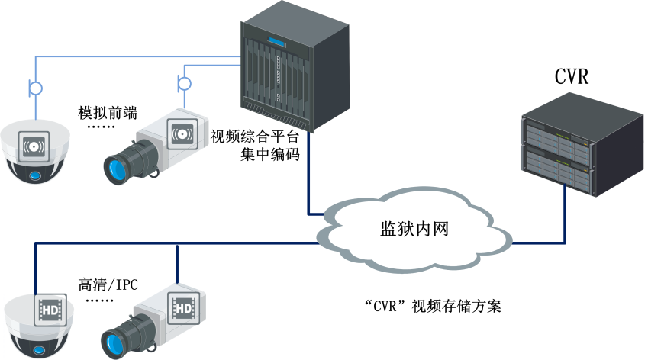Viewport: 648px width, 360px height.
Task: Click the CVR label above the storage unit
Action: click(572, 78)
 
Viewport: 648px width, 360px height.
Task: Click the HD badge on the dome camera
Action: click(50, 310)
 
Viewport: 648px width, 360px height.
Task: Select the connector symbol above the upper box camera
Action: click(183, 82)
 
